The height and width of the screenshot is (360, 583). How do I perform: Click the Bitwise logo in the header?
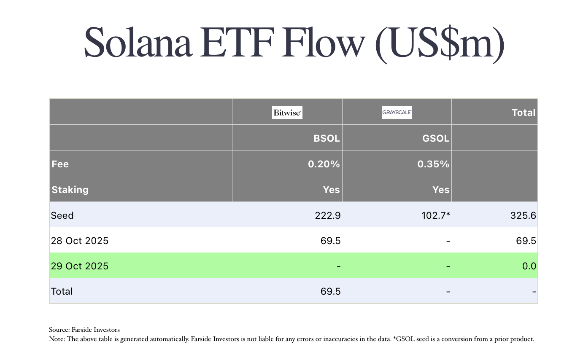[287, 113]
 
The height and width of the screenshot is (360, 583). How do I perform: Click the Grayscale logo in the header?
[397, 113]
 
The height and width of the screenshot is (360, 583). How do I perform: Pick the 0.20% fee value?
[324, 164]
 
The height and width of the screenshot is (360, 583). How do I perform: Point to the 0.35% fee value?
[433, 164]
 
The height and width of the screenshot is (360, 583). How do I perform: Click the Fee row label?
[60, 164]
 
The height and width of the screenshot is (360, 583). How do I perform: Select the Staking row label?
[70, 190]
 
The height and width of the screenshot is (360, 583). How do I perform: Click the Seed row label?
[62, 215]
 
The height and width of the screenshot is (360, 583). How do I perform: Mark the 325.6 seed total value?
[522, 215]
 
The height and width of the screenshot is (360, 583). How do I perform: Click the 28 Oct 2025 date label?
[80, 241]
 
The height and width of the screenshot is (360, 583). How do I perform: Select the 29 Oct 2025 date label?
[80, 266]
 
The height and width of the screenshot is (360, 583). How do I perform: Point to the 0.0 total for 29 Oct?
[529, 266]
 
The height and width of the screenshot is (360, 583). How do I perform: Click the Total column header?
[523, 113]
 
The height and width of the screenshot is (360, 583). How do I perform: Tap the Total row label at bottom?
[62, 291]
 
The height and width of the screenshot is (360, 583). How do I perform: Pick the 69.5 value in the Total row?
[330, 291]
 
